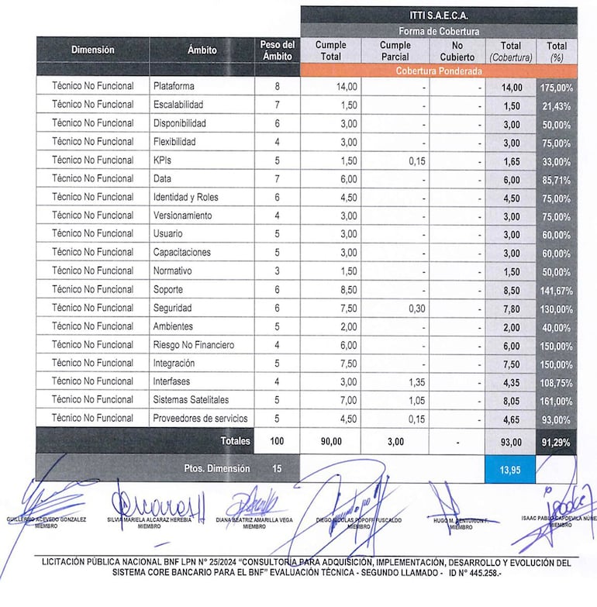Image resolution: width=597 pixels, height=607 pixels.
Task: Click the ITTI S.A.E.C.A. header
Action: point(439,16)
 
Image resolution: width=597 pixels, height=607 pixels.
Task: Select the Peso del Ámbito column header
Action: point(277,50)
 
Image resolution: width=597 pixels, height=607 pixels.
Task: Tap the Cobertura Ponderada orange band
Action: point(439,71)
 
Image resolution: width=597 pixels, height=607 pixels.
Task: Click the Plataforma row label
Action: point(174,86)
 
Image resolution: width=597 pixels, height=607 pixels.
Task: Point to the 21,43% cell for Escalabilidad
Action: point(556,105)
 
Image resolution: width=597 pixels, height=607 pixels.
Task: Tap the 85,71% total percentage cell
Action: point(556,179)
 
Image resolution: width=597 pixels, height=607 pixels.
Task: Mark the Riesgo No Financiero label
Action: point(193,344)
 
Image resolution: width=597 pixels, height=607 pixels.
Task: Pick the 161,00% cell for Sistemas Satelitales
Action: point(556,401)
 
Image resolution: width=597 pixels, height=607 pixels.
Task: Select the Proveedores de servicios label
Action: point(201,418)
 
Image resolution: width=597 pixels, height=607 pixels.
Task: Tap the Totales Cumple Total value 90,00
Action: point(331,441)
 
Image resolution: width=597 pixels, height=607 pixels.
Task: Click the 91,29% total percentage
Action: point(556,441)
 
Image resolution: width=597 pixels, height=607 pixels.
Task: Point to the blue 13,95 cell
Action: point(509,469)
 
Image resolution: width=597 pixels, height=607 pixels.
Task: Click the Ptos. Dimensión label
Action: point(217,468)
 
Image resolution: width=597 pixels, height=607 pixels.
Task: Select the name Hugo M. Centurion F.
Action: point(461,520)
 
